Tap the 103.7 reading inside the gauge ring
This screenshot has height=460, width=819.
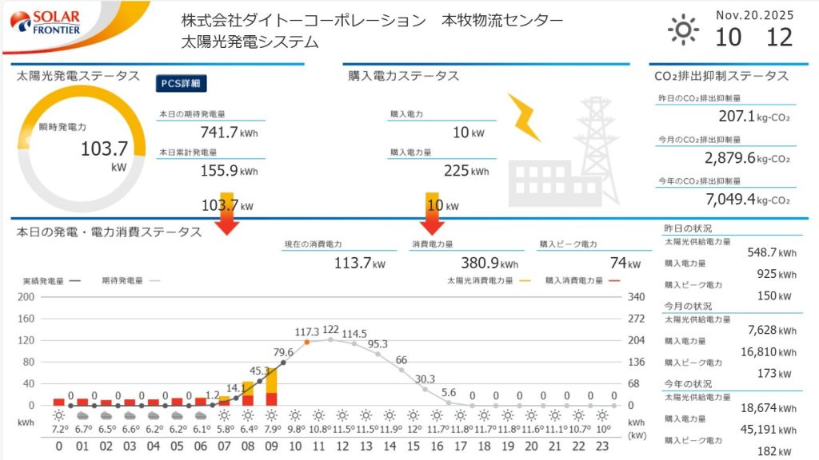click(104, 149)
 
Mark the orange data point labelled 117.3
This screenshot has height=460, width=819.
click(306, 342)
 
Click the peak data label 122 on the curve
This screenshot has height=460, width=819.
click(330, 329)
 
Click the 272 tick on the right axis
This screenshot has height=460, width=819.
click(636, 318)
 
